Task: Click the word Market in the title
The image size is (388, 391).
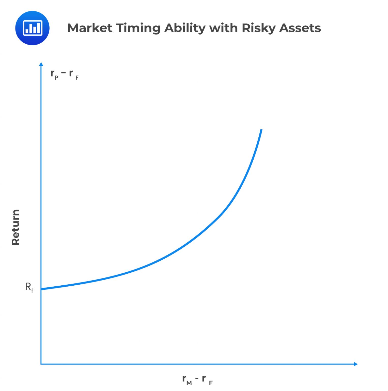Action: pos(90,28)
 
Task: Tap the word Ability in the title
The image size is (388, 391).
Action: pos(185,28)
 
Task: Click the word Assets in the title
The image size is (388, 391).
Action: pos(300,28)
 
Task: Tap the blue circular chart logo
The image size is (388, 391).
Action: pos(32,28)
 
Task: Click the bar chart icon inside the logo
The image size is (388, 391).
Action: pos(33,28)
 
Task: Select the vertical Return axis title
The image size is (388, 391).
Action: pos(15,227)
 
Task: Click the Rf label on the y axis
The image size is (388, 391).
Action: pos(29,287)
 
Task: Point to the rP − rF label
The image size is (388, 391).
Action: pos(65,74)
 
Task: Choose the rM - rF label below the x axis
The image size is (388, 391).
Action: pos(197,380)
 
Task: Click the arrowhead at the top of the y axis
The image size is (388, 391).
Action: pos(41,64)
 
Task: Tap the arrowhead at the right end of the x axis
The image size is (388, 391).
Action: pos(356,364)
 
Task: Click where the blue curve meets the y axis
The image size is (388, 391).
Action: pos(41,289)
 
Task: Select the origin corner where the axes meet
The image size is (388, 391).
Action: pos(41,364)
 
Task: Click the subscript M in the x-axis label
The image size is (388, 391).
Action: pos(189,383)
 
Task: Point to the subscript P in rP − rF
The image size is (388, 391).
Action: pos(56,78)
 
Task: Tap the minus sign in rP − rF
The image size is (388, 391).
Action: pos(64,73)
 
